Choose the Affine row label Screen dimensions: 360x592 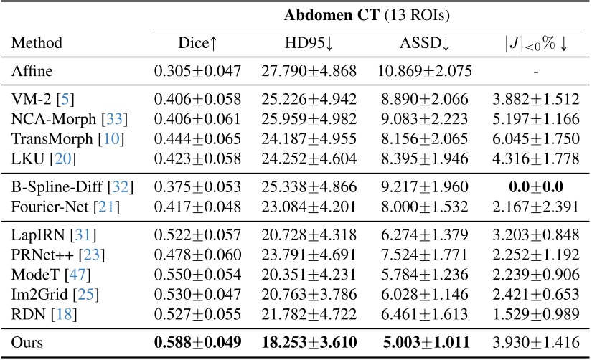(x=33, y=70)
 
